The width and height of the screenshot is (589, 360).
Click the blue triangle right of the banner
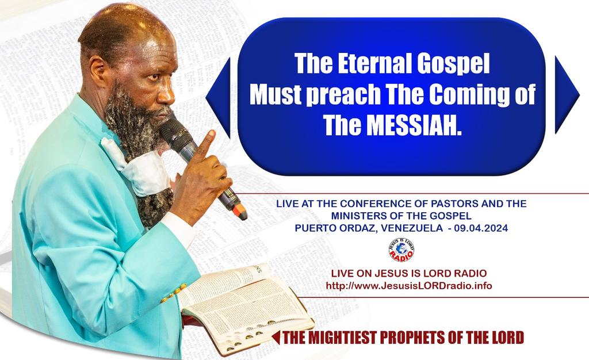[565, 95]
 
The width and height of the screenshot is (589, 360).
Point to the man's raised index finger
[205, 141]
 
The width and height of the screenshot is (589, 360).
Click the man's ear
[97, 71]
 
